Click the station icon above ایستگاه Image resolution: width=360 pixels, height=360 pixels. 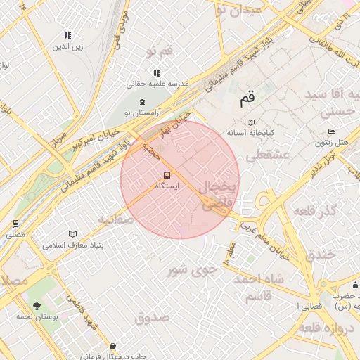(x=167, y=175)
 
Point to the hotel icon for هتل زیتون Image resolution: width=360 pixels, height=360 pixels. (x=331, y=132)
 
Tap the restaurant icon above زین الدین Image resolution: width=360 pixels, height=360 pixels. (x=67, y=35)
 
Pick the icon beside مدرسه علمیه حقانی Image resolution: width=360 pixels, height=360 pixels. (x=157, y=72)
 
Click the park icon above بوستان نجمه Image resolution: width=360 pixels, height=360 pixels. (x=37, y=305)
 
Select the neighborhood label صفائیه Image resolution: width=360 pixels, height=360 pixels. (x=115, y=219)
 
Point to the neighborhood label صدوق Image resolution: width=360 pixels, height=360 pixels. (x=152, y=317)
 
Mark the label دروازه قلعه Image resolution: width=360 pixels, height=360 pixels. (x=328, y=328)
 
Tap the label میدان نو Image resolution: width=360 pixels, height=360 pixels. (x=240, y=9)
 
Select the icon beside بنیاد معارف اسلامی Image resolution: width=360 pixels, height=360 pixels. (x=73, y=235)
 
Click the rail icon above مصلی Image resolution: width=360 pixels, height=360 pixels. (x=15, y=224)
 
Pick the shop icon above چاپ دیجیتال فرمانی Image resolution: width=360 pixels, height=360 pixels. (x=114, y=345)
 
